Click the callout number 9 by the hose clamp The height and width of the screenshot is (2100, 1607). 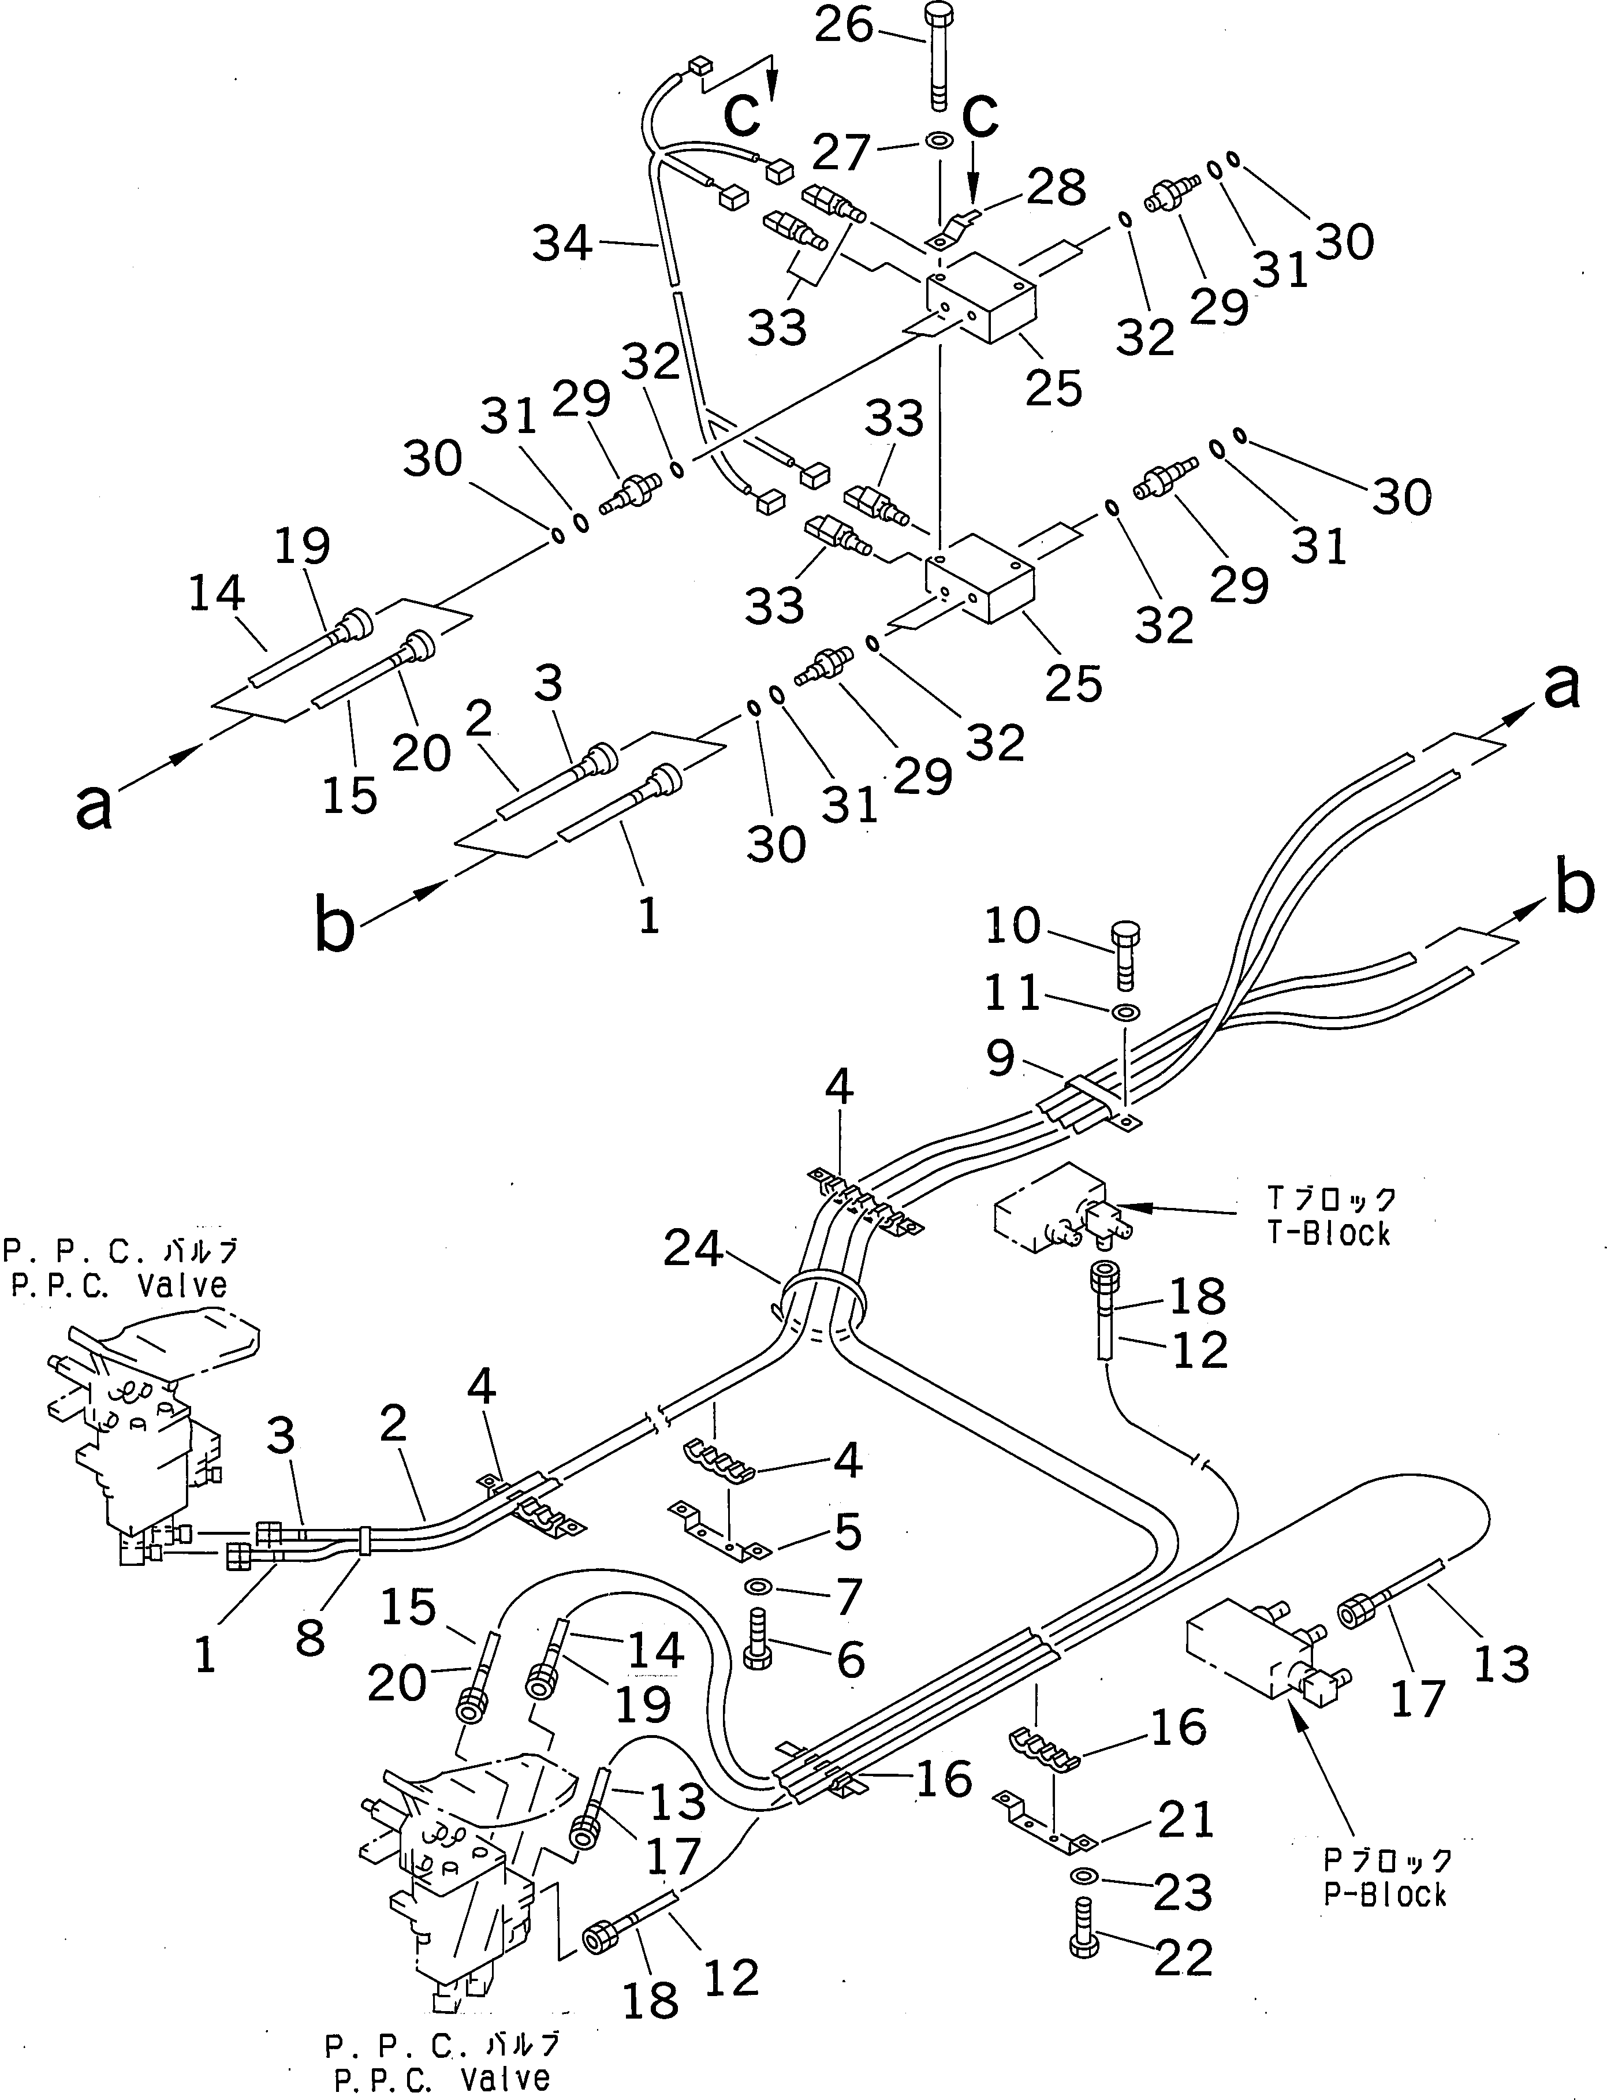coord(1001,1058)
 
